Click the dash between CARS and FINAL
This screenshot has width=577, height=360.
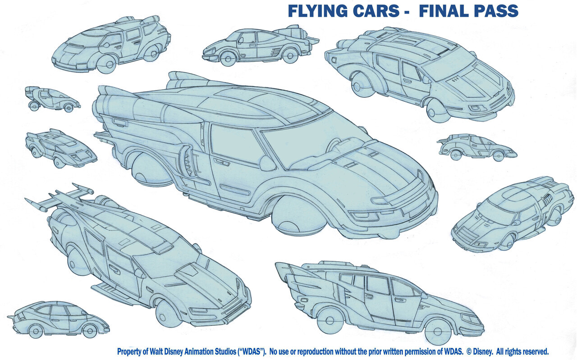pos(406,11)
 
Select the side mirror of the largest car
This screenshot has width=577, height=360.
pos(267,163)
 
